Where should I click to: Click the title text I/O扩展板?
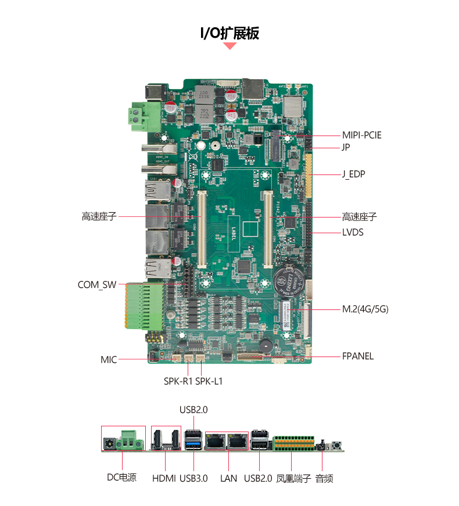[229, 33]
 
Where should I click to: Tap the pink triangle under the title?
[230, 45]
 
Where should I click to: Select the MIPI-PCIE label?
[362, 136]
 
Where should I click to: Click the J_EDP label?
[353, 174]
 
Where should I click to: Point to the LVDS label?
[353, 233]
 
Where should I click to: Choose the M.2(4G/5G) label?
[365, 309]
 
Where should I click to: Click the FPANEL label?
[358, 356]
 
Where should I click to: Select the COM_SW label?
[97, 285]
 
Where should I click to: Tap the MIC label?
[109, 360]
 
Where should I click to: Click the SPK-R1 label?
[178, 382]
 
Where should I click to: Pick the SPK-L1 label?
[209, 382]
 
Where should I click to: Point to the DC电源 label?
[121, 478]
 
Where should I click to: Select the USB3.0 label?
[193, 479]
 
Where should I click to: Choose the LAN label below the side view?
[229, 479]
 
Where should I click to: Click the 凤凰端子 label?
[293, 479]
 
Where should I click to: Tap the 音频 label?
[324, 479]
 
